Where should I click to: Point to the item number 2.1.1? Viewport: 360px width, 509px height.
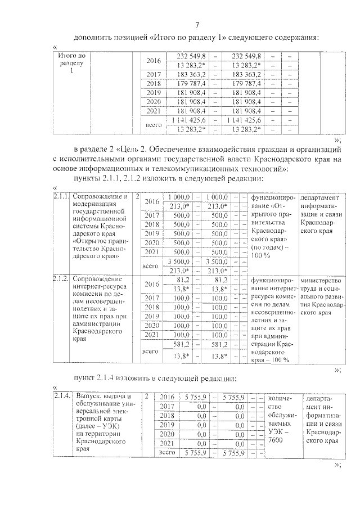point(61,197)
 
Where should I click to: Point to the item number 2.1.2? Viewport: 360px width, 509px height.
point(61,278)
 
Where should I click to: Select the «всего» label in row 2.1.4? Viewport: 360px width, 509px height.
point(168,452)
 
